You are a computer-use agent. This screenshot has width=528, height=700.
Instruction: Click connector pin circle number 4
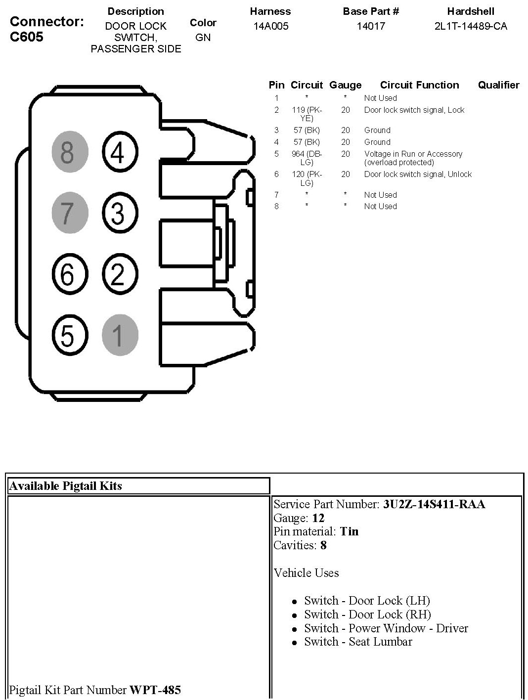tap(120, 151)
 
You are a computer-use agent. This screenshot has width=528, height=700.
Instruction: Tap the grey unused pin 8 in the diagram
tap(70, 151)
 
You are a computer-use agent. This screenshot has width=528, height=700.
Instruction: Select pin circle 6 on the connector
tap(70, 273)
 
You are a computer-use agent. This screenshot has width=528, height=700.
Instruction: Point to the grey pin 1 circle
tap(120, 335)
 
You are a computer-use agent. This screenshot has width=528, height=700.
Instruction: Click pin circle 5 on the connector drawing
tap(70, 335)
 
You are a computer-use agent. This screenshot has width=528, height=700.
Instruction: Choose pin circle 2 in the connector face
tap(120, 273)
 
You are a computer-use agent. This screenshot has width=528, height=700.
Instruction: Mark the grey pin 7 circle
tap(70, 213)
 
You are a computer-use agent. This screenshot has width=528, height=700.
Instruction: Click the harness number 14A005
tap(271, 26)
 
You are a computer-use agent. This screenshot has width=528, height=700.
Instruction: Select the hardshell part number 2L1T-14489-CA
tap(471, 26)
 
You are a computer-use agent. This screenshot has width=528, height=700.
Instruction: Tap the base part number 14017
tap(371, 26)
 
